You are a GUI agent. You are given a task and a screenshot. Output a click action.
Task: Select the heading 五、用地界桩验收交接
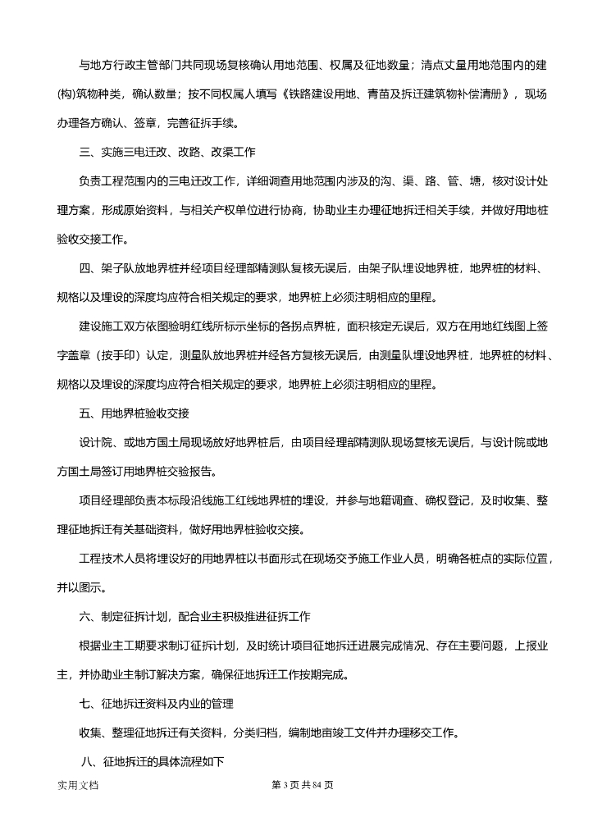coord(135,413)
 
